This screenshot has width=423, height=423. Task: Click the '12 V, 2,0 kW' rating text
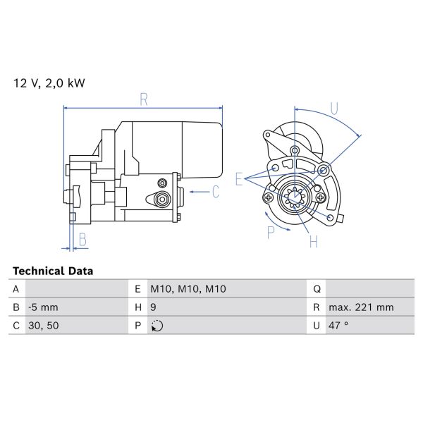[x=49, y=83]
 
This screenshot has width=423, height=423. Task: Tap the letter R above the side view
[x=144, y=99]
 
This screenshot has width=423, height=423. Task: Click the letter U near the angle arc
[x=334, y=109]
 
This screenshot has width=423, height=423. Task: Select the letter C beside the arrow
[x=216, y=191]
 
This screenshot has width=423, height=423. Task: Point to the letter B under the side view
[x=82, y=240]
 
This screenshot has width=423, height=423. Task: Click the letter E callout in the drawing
[x=240, y=179]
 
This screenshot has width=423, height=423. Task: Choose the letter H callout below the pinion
[x=314, y=242]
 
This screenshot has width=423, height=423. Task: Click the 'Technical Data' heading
[x=53, y=271]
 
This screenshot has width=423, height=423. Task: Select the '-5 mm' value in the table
[x=43, y=307]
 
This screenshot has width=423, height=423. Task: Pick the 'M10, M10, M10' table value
[x=188, y=289]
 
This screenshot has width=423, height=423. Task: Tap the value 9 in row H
[x=154, y=307]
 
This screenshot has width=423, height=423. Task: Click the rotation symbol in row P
[x=157, y=326]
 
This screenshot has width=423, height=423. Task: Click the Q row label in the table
[x=317, y=289]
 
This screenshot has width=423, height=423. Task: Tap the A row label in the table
[x=16, y=289]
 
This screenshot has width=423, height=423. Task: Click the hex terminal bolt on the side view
[x=163, y=199]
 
